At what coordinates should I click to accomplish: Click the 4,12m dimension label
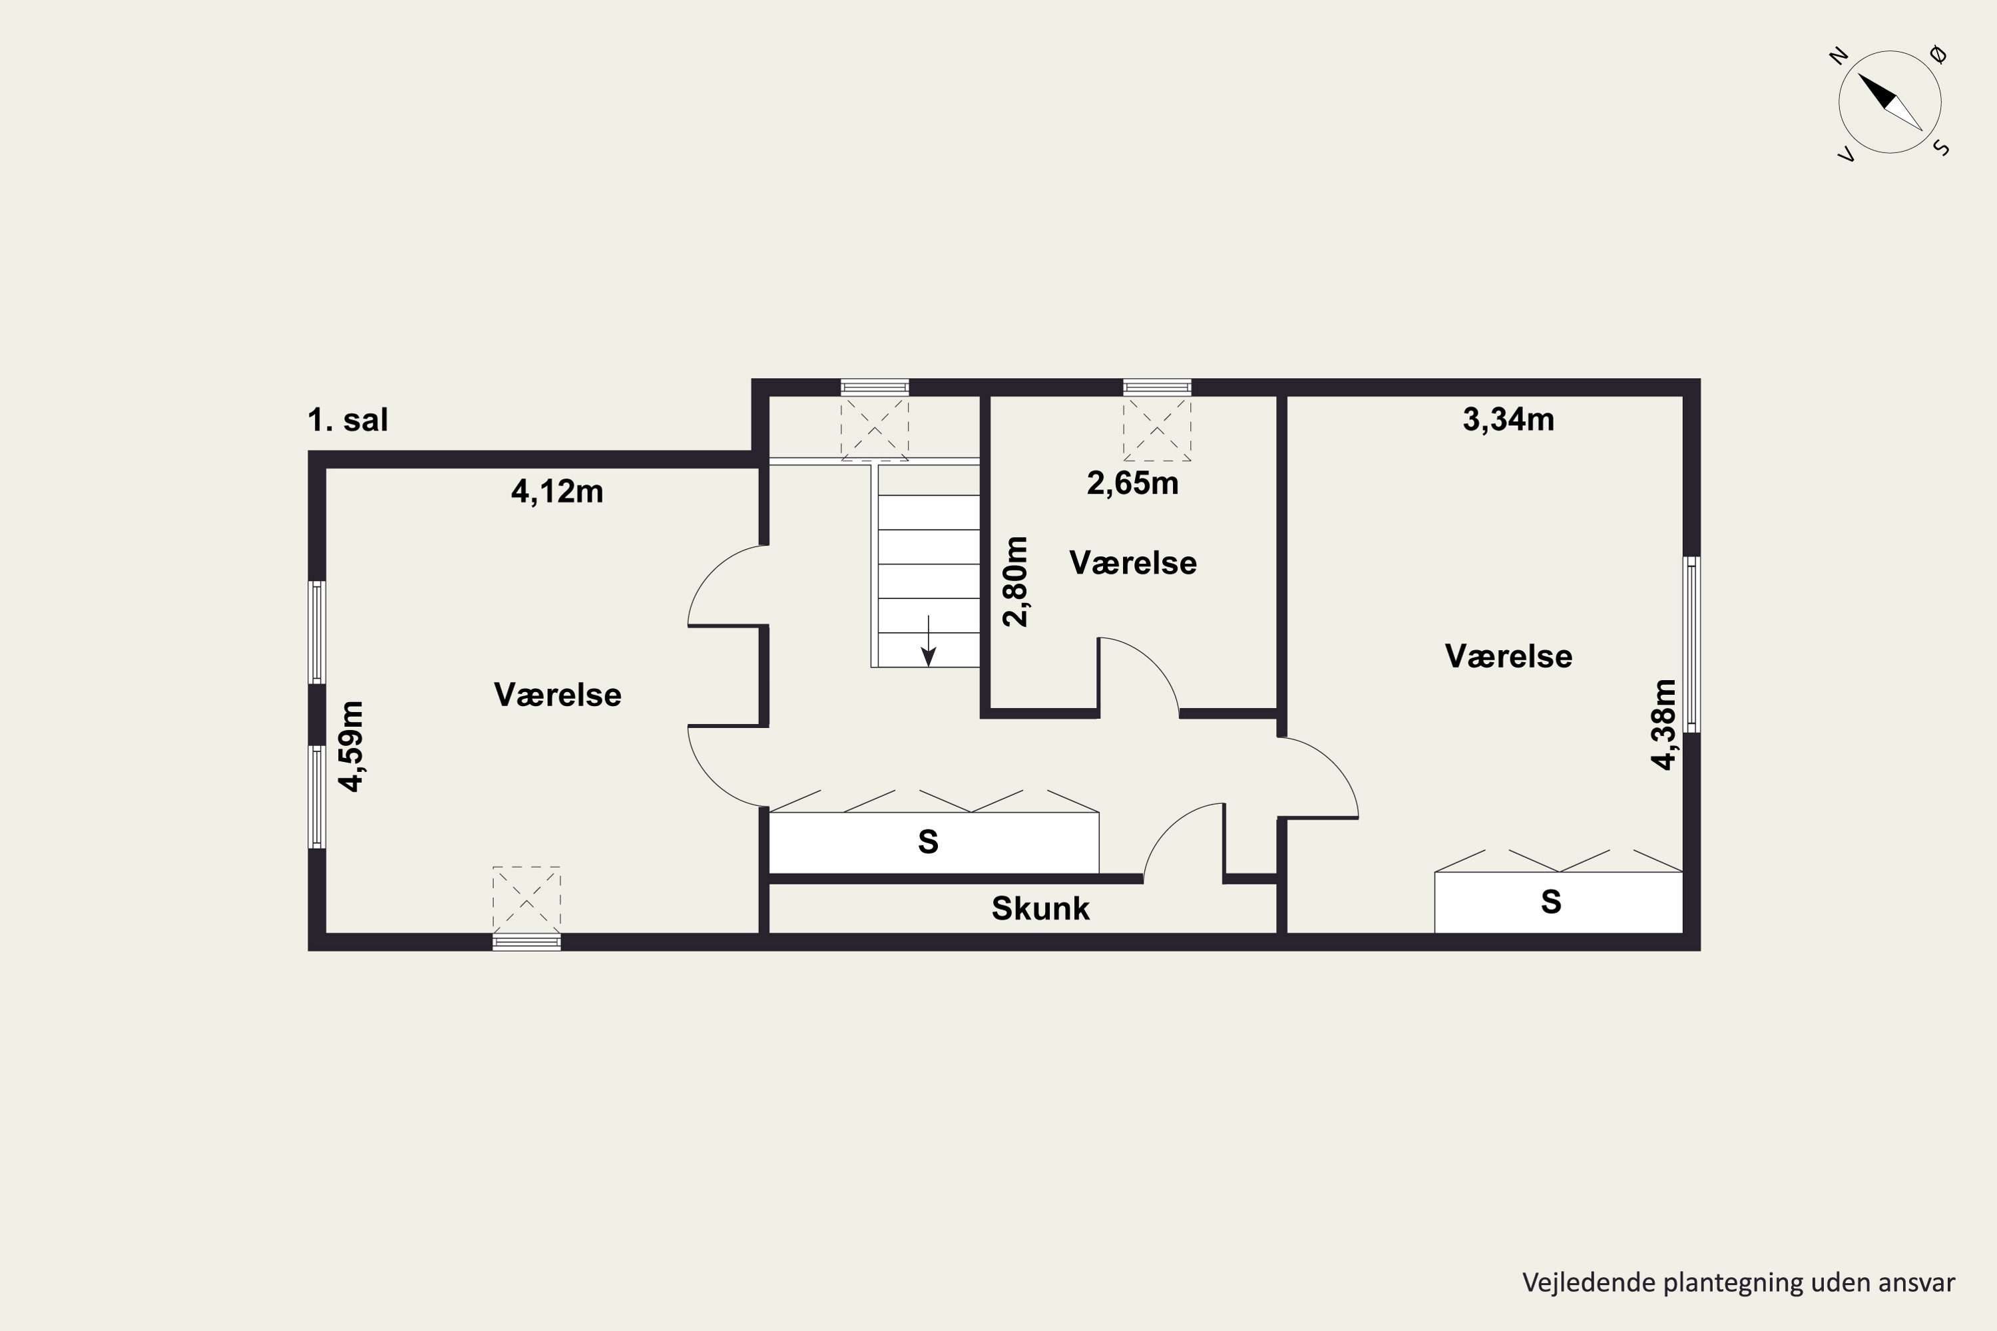557,492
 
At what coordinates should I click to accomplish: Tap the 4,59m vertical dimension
351,746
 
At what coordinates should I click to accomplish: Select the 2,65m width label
1133,483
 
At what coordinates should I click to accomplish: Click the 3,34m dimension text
1508,419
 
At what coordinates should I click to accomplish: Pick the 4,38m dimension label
1664,724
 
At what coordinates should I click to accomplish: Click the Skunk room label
1040,908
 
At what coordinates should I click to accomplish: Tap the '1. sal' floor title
347,419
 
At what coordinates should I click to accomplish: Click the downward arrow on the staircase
929,641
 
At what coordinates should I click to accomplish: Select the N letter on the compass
1839,57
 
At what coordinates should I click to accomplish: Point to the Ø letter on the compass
1938,55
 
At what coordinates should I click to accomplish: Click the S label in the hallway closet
928,842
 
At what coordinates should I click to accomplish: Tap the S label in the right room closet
1551,902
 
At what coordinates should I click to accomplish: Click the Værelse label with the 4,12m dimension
557,694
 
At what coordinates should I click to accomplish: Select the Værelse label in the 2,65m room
1133,563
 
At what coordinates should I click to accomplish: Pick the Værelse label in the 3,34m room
1508,656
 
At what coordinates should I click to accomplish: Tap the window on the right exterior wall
1691,644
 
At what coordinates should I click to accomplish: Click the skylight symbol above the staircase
875,429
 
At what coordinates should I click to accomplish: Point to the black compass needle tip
1859,74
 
